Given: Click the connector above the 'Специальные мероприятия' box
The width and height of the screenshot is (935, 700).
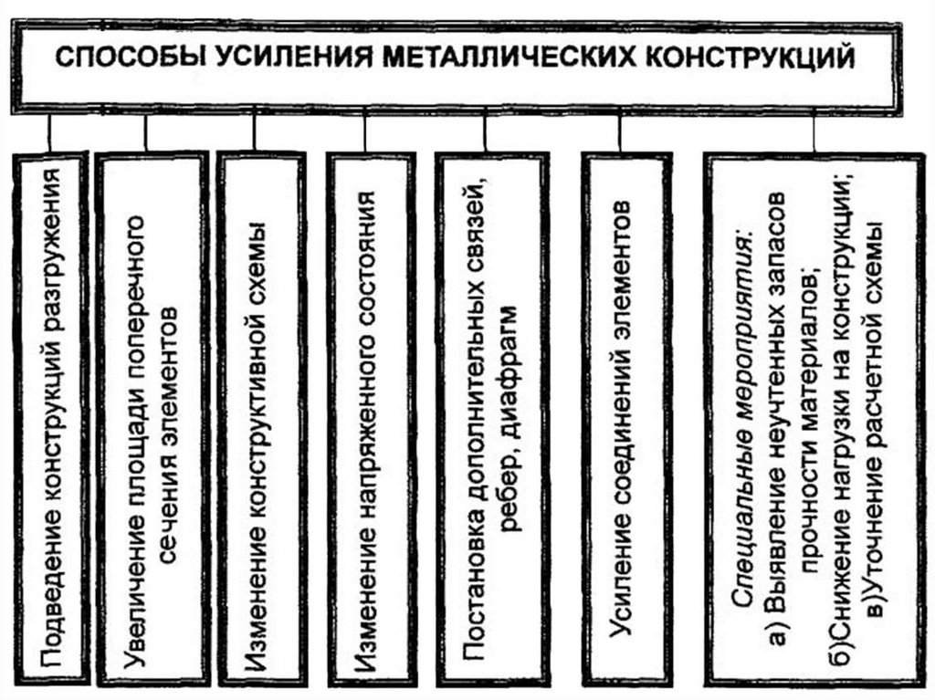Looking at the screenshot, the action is pyautogui.click(x=813, y=129).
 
